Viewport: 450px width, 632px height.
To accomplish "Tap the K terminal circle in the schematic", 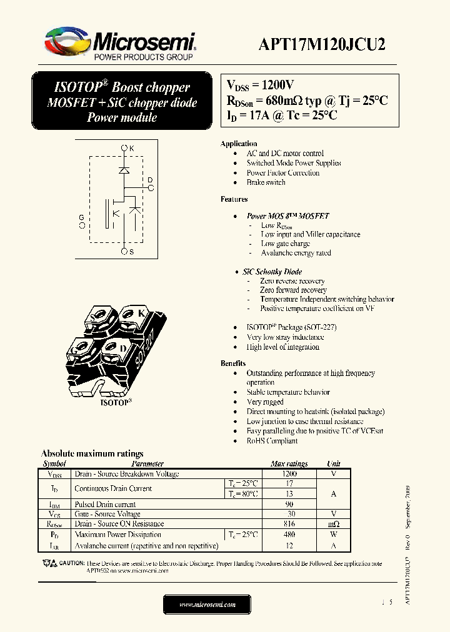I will (124, 148).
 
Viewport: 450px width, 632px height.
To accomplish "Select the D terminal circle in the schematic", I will (150, 188).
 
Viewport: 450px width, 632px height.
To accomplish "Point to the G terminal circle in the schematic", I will (82, 225).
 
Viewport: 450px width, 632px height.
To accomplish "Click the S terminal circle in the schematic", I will (124, 251).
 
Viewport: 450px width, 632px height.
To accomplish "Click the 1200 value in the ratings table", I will (289, 474).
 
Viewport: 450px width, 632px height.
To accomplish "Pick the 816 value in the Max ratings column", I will (289, 524).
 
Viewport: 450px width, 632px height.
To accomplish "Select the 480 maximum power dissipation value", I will (289, 535).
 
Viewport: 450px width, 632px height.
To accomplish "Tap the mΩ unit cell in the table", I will (334, 524).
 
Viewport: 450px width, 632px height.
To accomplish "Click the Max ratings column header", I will (289, 464).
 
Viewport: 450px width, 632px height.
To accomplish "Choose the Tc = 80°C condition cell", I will (242, 494).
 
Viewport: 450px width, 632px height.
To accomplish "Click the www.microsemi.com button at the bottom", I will (207, 605).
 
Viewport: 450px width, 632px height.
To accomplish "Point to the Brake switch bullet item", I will (266, 182).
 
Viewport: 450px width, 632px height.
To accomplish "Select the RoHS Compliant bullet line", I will (272, 441).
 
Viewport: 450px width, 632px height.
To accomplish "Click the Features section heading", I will (234, 199).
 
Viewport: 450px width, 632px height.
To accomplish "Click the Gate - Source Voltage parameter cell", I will (107, 514).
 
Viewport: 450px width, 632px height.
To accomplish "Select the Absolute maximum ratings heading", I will (92, 453).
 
